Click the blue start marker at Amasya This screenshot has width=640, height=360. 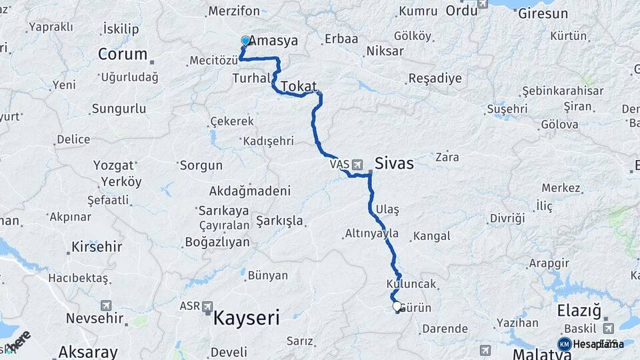coord(245,41)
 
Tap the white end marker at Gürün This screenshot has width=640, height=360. coord(397,307)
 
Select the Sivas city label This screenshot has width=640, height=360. coord(394,163)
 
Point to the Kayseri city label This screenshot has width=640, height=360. coord(246,318)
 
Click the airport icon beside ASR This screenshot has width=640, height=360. coord(208,307)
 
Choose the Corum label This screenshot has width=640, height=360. coord(122,54)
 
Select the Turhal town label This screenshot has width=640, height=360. coord(249,79)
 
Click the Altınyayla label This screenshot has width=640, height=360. coord(372,234)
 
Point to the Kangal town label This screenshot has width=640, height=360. coord(431,236)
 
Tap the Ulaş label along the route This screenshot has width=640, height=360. coord(387,209)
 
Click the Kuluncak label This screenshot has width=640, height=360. coord(411,284)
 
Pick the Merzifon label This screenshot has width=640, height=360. coord(234,11)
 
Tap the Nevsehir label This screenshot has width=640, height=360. coord(91,318)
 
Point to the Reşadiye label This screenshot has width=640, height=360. coord(435,78)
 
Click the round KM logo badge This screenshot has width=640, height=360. coord(564,344)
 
